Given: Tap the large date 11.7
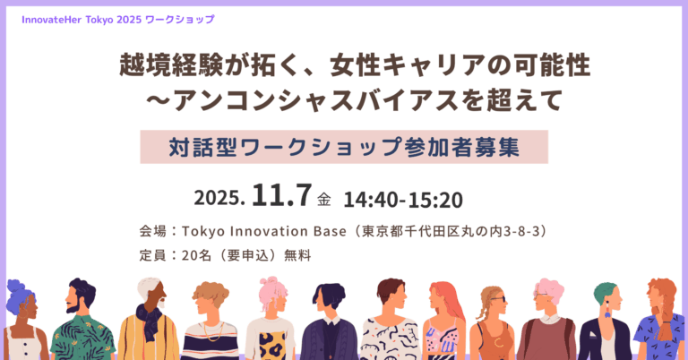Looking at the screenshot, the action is [281, 195].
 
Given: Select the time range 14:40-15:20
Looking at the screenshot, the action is [403, 200].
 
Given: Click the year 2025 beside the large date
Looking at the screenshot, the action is [219, 198].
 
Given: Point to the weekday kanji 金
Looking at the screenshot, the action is [323, 200].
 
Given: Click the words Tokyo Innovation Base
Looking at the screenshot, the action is [263, 231].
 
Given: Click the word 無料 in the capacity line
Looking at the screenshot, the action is [297, 255].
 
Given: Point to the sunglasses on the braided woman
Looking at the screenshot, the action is [498, 299].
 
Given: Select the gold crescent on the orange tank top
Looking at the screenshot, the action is [498, 341].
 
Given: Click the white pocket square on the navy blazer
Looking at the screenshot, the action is [592, 335].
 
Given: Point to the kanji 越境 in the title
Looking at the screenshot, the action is [145, 64].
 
